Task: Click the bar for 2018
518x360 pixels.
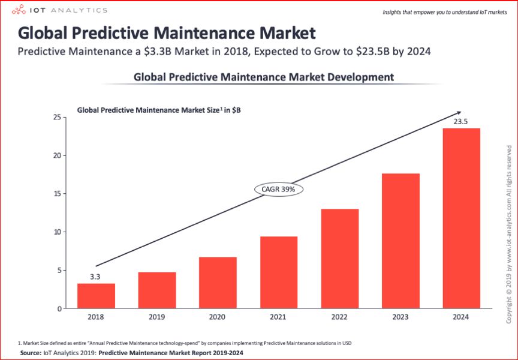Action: [x=96, y=296]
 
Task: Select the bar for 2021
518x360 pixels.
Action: [x=279, y=272]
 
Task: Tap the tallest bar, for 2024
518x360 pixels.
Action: [x=461, y=218]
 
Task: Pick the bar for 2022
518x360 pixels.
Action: [x=339, y=259]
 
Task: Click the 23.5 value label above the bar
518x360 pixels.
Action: [x=460, y=122]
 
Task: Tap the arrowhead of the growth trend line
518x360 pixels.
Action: [x=458, y=113]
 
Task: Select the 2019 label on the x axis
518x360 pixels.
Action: [x=157, y=317]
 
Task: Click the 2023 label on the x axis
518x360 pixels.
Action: [x=400, y=317]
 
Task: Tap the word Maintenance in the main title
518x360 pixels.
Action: [x=195, y=32]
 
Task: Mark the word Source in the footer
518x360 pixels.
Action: [x=30, y=353]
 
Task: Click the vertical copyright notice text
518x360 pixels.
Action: [x=508, y=234]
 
